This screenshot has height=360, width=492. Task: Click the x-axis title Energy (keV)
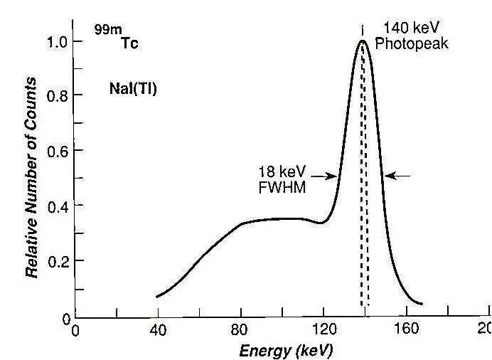tap(285, 351)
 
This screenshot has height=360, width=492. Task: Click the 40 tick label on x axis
tap(158, 330)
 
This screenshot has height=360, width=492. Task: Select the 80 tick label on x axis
tap(241, 330)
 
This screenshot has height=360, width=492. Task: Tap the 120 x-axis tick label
tap(324, 330)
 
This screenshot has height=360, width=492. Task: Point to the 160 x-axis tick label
tap(407, 330)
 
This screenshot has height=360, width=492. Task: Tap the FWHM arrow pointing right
tap(326, 176)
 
